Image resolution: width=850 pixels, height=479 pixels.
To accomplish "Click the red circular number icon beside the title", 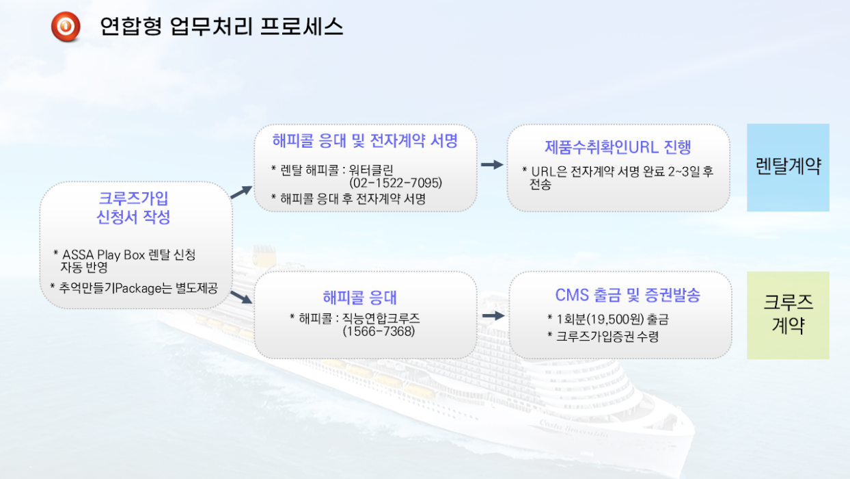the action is pyautogui.click(x=66, y=26).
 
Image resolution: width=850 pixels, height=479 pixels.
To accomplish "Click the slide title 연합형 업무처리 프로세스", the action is pyautogui.click(x=221, y=27).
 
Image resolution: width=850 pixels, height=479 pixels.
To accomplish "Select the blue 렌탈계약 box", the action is pyautogui.click(x=788, y=167).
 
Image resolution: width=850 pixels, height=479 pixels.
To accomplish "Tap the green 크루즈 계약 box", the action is pyautogui.click(x=788, y=315).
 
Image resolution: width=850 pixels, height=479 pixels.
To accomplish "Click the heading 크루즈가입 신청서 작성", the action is pyautogui.click(x=133, y=207).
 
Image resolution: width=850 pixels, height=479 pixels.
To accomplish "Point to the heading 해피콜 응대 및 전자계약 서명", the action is pyautogui.click(x=365, y=141).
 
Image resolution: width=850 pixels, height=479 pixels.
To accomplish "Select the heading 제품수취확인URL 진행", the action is pyautogui.click(x=618, y=147).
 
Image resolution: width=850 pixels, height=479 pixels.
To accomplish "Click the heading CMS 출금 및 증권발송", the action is pyautogui.click(x=628, y=295).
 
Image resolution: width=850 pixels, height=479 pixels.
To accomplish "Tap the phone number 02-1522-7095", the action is pyautogui.click(x=396, y=183).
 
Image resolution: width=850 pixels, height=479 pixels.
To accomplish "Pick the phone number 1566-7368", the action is pyautogui.click(x=379, y=331).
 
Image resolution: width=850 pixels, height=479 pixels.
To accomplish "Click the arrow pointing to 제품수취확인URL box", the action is pyautogui.click(x=492, y=165).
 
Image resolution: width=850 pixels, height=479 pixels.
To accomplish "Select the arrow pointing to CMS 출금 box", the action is pyautogui.click(x=494, y=315).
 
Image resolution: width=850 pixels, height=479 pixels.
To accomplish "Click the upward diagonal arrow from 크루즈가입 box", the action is pyautogui.click(x=242, y=192).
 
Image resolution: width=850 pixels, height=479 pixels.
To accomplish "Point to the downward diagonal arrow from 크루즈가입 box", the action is pyautogui.click(x=242, y=297).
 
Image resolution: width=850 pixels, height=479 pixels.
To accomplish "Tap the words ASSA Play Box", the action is pyautogui.click(x=104, y=255).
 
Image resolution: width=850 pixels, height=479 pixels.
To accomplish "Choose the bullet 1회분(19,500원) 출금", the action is pyautogui.click(x=608, y=320).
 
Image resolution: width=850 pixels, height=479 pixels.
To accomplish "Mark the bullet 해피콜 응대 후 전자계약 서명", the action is pyautogui.click(x=348, y=198).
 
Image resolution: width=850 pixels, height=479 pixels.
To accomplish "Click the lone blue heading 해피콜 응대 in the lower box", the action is pyautogui.click(x=359, y=297).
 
